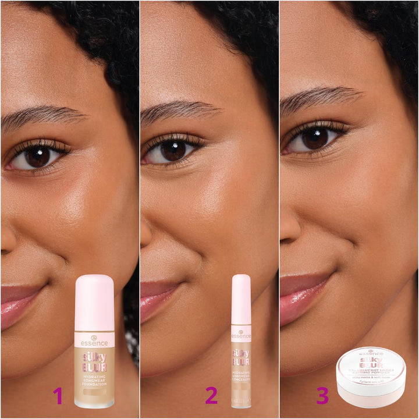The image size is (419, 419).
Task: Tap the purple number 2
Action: tap(211, 396)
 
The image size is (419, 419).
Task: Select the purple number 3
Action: tap(322, 396)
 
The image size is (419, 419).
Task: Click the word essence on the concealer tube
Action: tap(241, 336)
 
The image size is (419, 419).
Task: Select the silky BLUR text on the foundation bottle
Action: tap(94, 361)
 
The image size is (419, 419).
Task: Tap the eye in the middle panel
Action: tap(173, 150)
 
